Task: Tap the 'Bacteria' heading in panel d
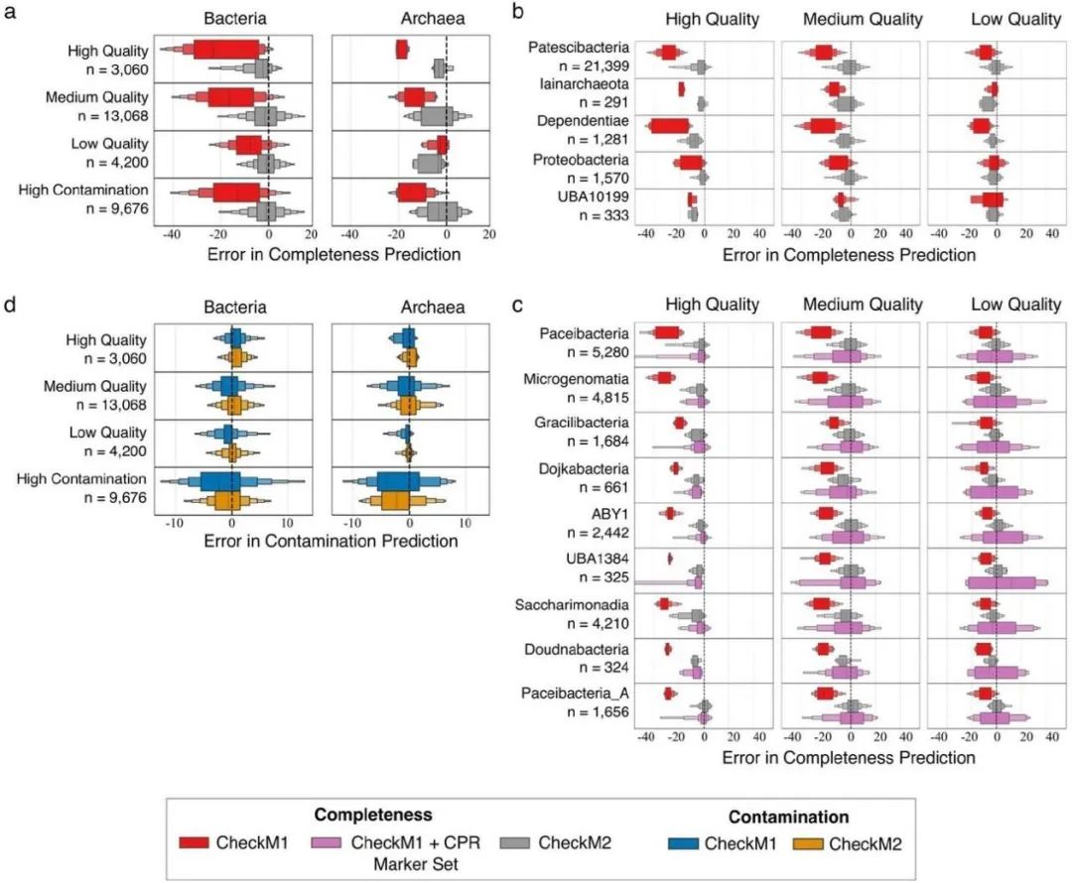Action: pos(234,308)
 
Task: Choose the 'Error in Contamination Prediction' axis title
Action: pos(330,542)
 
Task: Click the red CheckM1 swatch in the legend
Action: pos(206,842)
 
